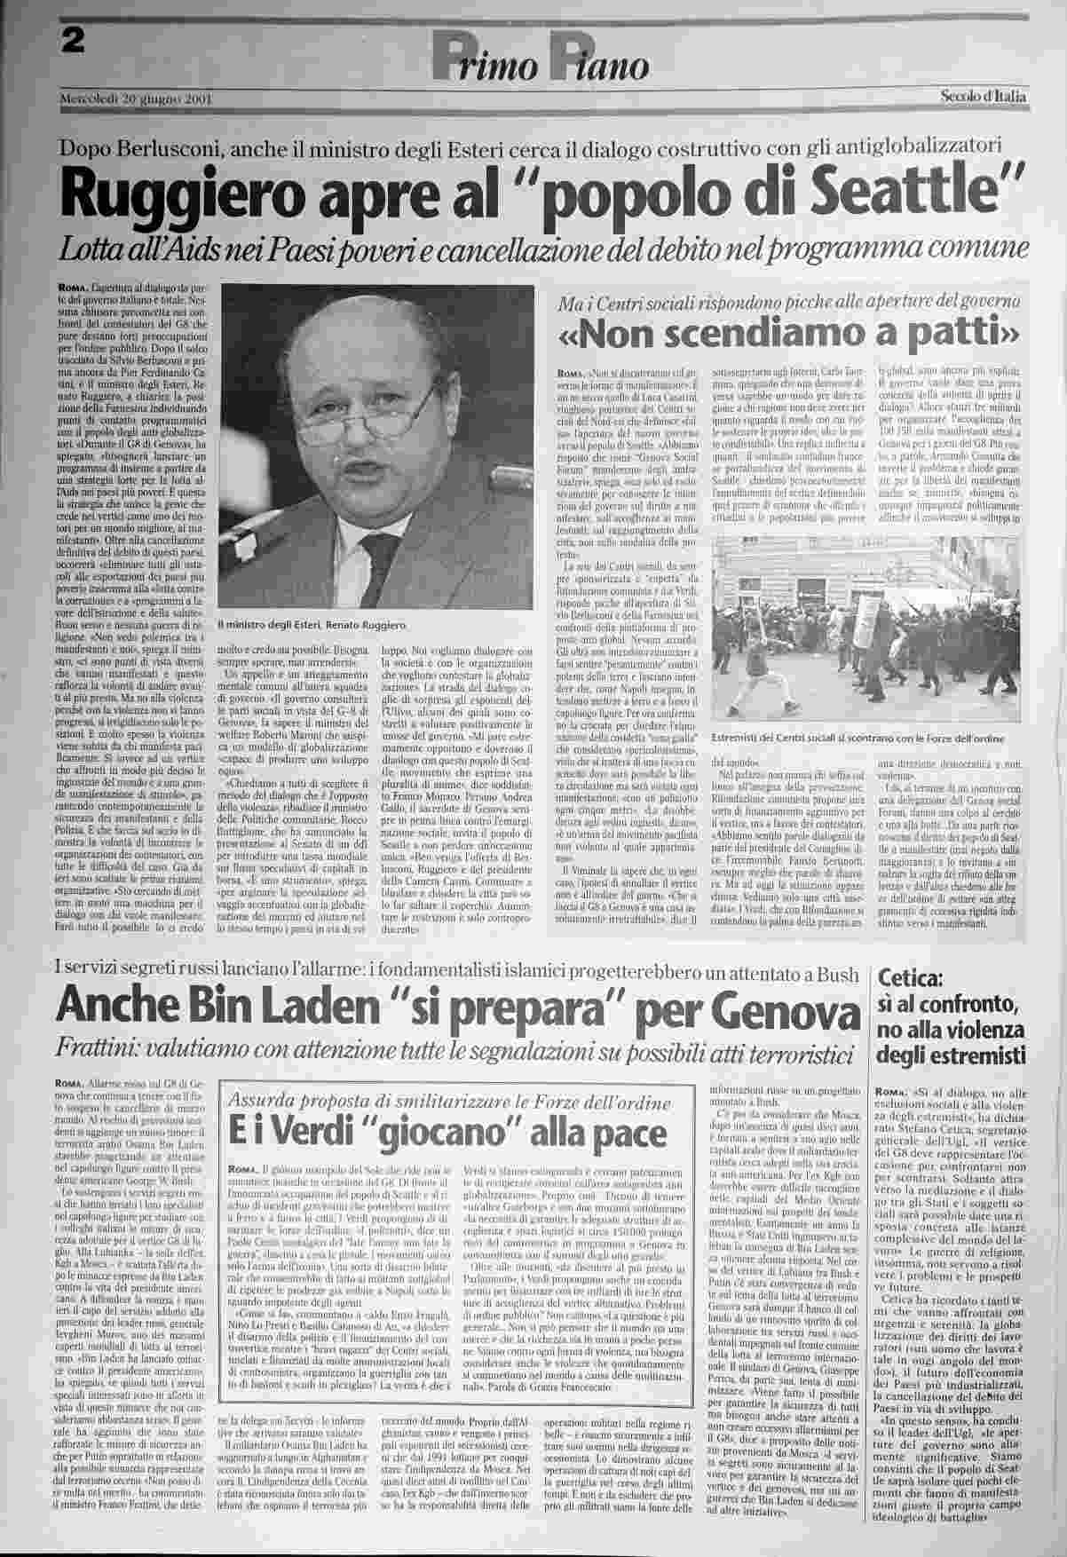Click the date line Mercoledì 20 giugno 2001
(x=134, y=98)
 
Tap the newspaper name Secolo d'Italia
(x=983, y=96)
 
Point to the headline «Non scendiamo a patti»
(x=788, y=333)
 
